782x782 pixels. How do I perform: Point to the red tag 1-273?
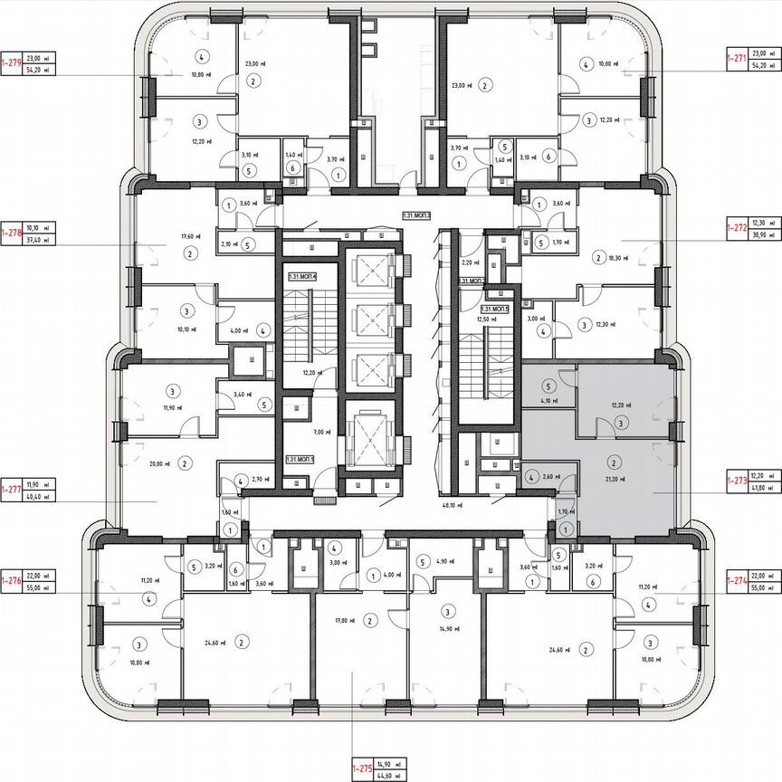(739, 481)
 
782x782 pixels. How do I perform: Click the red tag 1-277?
(12, 489)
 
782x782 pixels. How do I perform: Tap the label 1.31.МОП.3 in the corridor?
(415, 216)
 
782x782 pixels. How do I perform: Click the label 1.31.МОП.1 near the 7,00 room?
(300, 460)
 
